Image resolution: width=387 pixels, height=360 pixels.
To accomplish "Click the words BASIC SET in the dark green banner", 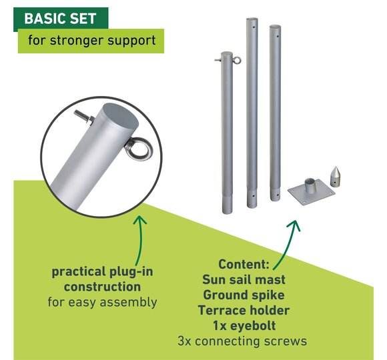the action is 60,19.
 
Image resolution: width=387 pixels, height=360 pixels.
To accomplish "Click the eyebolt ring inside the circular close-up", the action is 139,149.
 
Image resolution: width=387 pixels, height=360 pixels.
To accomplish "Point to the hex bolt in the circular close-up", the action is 84,117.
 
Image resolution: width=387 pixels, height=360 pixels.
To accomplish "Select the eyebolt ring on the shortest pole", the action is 237,60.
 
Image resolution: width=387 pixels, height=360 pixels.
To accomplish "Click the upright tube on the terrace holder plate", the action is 310,186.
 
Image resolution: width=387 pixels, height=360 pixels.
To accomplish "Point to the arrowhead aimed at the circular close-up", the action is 139,219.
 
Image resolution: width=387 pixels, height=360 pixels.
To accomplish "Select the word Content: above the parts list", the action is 244,264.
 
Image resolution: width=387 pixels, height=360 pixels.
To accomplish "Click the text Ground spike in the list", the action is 244,295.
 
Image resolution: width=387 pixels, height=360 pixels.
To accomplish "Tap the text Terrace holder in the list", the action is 244,311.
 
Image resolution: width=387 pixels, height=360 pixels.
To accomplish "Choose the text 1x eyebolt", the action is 244,326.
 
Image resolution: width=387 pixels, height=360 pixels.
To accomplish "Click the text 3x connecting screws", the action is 242,341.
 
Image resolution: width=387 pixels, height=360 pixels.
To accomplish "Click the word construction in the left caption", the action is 102,287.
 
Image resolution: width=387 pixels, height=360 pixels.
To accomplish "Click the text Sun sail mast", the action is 244,279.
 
